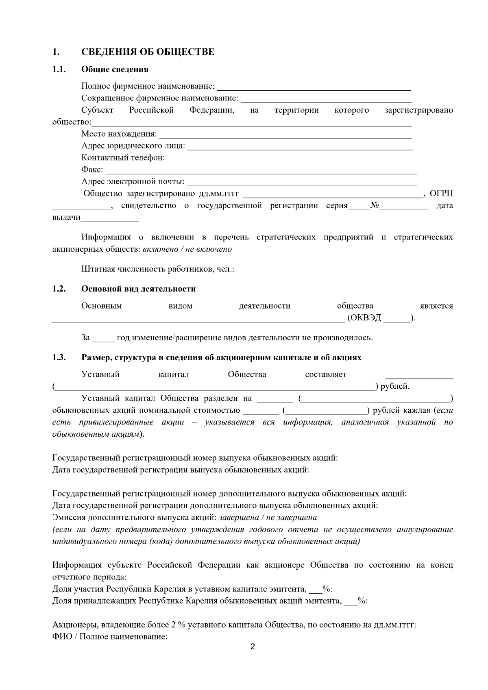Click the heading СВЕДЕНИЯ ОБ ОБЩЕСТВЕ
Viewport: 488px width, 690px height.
coord(148,52)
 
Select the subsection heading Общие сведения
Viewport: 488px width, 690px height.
coord(115,69)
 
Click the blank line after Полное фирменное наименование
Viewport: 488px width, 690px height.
coord(314,87)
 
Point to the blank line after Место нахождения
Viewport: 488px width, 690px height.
coord(285,135)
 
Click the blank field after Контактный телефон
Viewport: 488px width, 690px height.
coord(291,159)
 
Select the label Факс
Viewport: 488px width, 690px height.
coord(92,170)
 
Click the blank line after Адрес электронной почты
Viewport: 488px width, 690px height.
coord(301,182)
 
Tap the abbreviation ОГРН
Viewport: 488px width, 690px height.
coord(441,194)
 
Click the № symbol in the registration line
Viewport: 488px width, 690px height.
coord(375,206)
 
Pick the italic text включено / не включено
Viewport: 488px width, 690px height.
coord(187,249)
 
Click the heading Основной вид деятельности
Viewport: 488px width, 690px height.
coord(138,289)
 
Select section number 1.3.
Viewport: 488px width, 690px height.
coord(59,358)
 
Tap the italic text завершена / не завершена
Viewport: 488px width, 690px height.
coord(268,518)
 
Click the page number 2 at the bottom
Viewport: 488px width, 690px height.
coord(252,647)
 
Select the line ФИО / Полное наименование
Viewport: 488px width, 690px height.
coord(110,636)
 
